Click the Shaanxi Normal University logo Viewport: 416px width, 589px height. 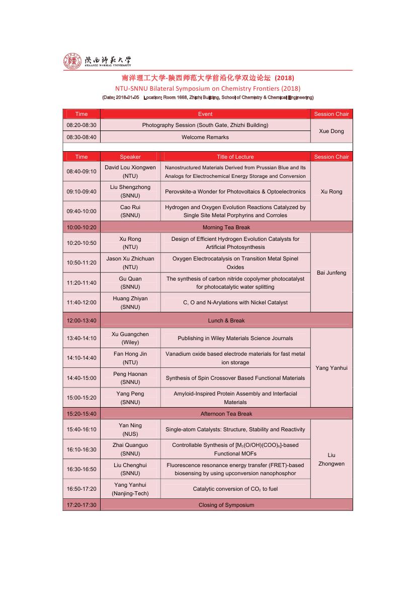(x=97, y=61)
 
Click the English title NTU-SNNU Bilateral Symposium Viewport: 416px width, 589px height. (x=208, y=88)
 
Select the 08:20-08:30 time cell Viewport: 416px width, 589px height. (x=81, y=125)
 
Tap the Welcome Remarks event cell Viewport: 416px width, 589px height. (x=205, y=137)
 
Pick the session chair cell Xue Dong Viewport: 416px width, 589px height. (x=331, y=131)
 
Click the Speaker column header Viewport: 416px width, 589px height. (x=130, y=157)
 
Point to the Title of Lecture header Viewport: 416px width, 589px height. (x=235, y=157)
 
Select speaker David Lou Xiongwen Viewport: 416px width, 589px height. (x=130, y=171)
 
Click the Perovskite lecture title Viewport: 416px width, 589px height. (x=235, y=191)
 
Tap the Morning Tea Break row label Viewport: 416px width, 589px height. (x=226, y=227)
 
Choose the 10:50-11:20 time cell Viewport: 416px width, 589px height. (x=81, y=263)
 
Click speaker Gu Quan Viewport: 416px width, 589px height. (x=130, y=283)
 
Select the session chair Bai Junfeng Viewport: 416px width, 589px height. (x=331, y=273)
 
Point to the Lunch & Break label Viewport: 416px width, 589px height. (x=226, y=320)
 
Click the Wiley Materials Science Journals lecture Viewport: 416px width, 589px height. (x=235, y=338)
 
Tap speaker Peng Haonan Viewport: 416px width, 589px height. (x=130, y=378)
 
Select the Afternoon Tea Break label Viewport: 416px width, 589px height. (x=226, y=414)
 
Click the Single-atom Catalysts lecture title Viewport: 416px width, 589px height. (x=235, y=429)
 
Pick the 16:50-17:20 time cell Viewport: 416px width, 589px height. (x=81, y=489)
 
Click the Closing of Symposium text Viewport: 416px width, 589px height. (x=226, y=505)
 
